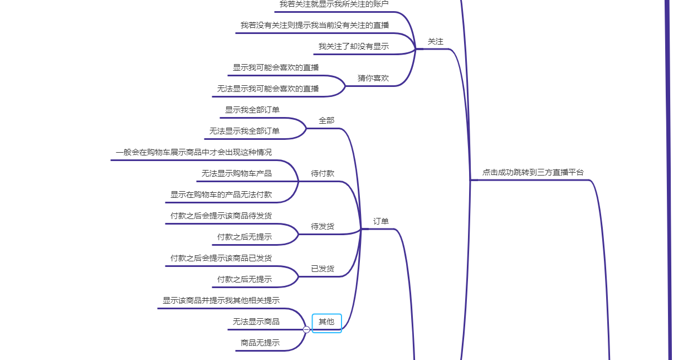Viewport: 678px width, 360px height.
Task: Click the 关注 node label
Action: [435, 42]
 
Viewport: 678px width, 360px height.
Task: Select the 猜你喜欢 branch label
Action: [373, 78]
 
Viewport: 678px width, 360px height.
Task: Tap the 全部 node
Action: [326, 120]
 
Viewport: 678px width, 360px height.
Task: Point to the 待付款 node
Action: [323, 173]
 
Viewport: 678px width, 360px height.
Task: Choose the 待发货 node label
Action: [323, 226]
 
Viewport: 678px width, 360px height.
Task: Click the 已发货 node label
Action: [323, 269]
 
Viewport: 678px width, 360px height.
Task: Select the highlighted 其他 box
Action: [326, 322]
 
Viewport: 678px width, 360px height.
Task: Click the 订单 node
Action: [381, 221]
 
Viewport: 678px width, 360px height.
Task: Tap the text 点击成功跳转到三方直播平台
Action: [533, 173]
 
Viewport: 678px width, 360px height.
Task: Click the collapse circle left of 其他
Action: [306, 329]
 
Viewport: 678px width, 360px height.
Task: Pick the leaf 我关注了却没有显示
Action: [354, 46]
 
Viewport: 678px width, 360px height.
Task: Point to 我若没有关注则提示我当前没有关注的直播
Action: [315, 25]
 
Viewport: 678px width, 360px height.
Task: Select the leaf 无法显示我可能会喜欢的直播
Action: [268, 89]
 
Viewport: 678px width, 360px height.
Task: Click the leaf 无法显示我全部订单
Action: [245, 131]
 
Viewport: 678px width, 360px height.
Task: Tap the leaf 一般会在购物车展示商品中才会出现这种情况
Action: [194, 152]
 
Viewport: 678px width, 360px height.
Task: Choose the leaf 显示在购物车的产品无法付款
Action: [221, 194]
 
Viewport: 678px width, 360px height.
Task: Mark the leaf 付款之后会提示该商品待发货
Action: [221, 216]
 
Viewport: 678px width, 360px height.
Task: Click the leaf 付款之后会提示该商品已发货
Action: [221, 258]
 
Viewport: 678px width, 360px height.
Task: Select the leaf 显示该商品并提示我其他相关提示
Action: [221, 300]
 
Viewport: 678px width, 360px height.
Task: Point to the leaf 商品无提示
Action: [260, 343]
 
